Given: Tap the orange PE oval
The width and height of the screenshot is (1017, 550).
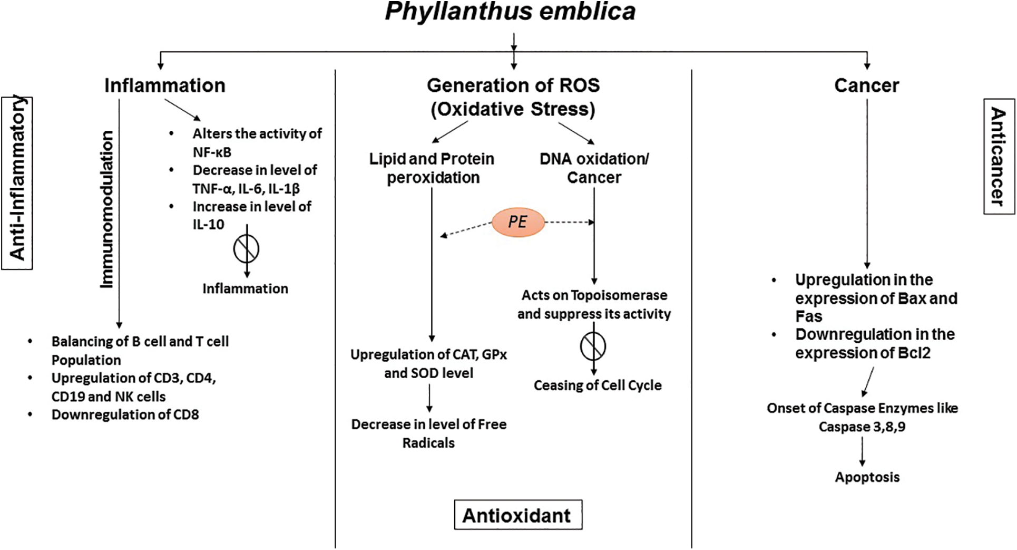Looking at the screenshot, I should click(517, 222).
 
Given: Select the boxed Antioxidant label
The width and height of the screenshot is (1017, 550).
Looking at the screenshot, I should click(517, 515).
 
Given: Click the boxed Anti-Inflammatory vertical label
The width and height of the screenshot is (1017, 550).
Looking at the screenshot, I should click(17, 183).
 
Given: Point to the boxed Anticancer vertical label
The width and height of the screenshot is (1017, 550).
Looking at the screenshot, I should click(999, 157).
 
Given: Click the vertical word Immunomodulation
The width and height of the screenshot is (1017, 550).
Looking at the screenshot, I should click(107, 209).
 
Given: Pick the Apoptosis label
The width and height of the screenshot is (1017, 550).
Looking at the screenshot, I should click(867, 477).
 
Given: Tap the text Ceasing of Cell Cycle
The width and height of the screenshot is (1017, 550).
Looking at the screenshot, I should click(597, 385).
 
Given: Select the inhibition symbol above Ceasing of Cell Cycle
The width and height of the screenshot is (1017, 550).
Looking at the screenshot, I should click(593, 346).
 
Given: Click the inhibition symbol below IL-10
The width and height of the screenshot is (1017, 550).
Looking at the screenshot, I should click(246, 249).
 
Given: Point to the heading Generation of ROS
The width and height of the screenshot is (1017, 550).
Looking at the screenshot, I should click(513, 85).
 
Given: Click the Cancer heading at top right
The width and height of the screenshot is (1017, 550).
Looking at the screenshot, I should click(866, 85).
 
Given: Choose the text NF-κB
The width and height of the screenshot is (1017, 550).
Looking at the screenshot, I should click(212, 152).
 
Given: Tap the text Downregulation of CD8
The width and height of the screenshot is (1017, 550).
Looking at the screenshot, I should click(125, 415).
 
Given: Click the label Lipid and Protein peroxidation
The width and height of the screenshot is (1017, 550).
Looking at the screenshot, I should click(432, 168).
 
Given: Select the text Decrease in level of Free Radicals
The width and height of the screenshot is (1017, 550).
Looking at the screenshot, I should click(428, 433).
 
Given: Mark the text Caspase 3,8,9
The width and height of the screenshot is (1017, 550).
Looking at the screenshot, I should click(862, 427).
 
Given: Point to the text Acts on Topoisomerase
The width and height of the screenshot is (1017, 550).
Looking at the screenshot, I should click(594, 295).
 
